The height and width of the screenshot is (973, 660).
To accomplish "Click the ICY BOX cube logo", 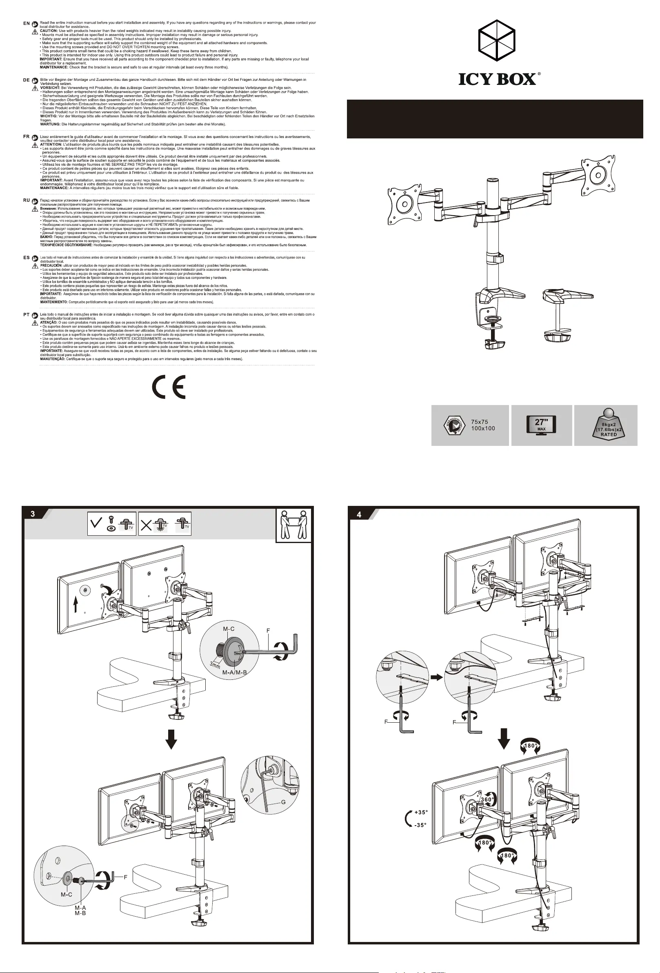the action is [496, 40].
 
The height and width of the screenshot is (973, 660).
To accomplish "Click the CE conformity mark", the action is [169, 387].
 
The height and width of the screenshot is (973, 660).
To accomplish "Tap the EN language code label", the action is [27, 23].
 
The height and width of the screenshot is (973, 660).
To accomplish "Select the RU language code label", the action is [27, 200].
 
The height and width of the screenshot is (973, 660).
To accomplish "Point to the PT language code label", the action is [27, 314].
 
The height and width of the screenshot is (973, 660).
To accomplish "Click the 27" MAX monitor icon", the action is [541, 425].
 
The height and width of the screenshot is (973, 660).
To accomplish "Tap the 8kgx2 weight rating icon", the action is [609, 424].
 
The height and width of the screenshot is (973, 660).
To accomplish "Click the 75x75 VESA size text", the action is [479, 422].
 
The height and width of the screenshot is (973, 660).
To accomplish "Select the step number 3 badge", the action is [33, 514].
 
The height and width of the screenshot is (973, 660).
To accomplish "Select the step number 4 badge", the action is [359, 514].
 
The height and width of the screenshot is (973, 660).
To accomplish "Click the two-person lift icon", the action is [294, 525].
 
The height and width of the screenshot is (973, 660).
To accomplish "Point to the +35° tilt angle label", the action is [420, 812].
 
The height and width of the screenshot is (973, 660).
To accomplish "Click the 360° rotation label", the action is [486, 799].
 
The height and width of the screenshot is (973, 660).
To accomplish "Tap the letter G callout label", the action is [283, 802].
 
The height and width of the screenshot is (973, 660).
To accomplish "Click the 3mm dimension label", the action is [215, 665].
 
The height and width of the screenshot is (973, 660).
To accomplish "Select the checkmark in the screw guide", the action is [96, 523].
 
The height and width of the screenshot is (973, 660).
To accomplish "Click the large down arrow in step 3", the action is [171, 738].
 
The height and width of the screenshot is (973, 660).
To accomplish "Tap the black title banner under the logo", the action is [495, 119].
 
